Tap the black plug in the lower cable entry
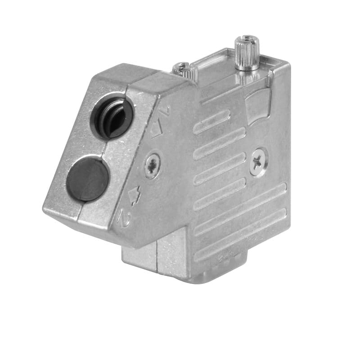pos(88,179)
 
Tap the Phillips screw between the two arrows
pos(153,166)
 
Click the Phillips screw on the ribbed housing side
pos(259,161)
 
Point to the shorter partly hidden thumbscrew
pos(182,70)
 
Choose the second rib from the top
pos(219,143)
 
